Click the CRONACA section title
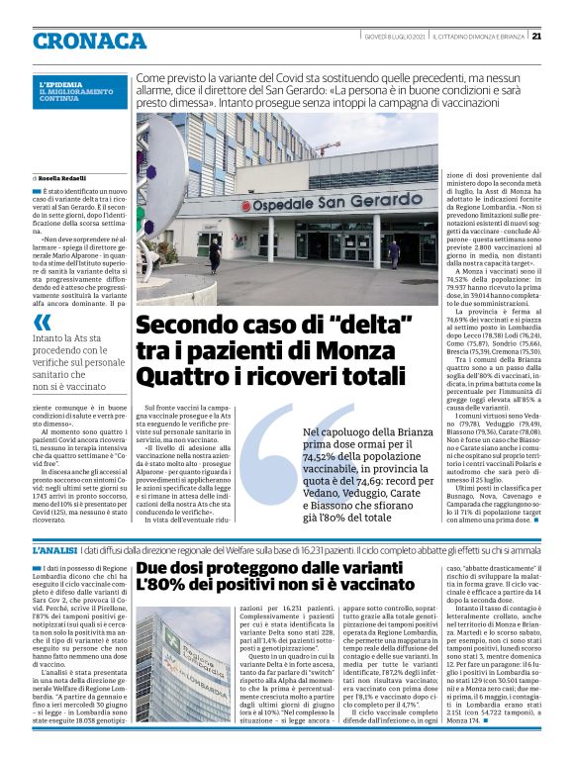88,41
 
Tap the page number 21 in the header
535,37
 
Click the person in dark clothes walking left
214,255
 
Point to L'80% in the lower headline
158,586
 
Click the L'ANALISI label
53,549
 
